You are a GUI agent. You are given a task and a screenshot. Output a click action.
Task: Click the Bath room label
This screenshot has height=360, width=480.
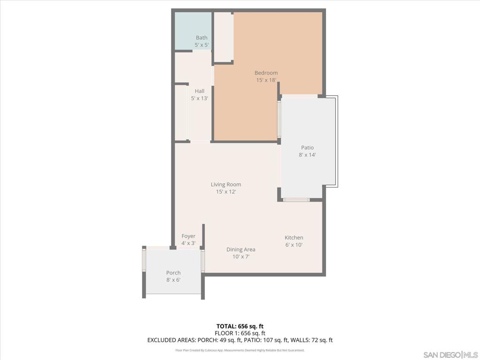(x=202, y=37)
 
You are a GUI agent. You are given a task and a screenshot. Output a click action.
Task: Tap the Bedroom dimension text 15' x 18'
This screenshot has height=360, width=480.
(x=266, y=80)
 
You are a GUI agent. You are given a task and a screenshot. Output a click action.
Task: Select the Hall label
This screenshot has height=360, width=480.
(x=200, y=91)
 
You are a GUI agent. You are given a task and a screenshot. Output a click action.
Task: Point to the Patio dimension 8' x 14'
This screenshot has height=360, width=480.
(x=307, y=155)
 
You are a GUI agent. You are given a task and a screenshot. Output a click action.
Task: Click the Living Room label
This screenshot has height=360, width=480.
(x=226, y=184)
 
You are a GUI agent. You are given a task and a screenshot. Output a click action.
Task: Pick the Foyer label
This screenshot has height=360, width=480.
(x=188, y=236)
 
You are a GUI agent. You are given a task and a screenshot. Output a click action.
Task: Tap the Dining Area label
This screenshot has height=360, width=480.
(x=241, y=249)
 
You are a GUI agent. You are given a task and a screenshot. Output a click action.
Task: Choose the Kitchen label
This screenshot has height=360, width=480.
(x=294, y=238)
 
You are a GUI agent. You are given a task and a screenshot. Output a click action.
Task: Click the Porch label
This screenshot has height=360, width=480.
(x=173, y=273)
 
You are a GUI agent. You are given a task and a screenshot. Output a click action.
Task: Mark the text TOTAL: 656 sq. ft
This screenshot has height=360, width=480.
(x=240, y=326)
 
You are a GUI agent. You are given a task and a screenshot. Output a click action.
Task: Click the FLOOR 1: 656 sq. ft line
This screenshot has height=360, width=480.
(x=240, y=333)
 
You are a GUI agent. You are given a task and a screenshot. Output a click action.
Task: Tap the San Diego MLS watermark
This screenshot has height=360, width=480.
(x=450, y=354)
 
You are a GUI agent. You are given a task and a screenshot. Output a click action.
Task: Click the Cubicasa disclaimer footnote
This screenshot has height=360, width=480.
(x=240, y=350)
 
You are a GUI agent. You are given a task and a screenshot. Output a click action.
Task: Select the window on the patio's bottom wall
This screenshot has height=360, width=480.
(x=296, y=200)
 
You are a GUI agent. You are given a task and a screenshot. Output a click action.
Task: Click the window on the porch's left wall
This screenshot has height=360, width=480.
(x=144, y=260)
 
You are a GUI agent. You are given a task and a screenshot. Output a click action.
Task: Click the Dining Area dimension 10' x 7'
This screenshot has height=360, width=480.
(x=241, y=256)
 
